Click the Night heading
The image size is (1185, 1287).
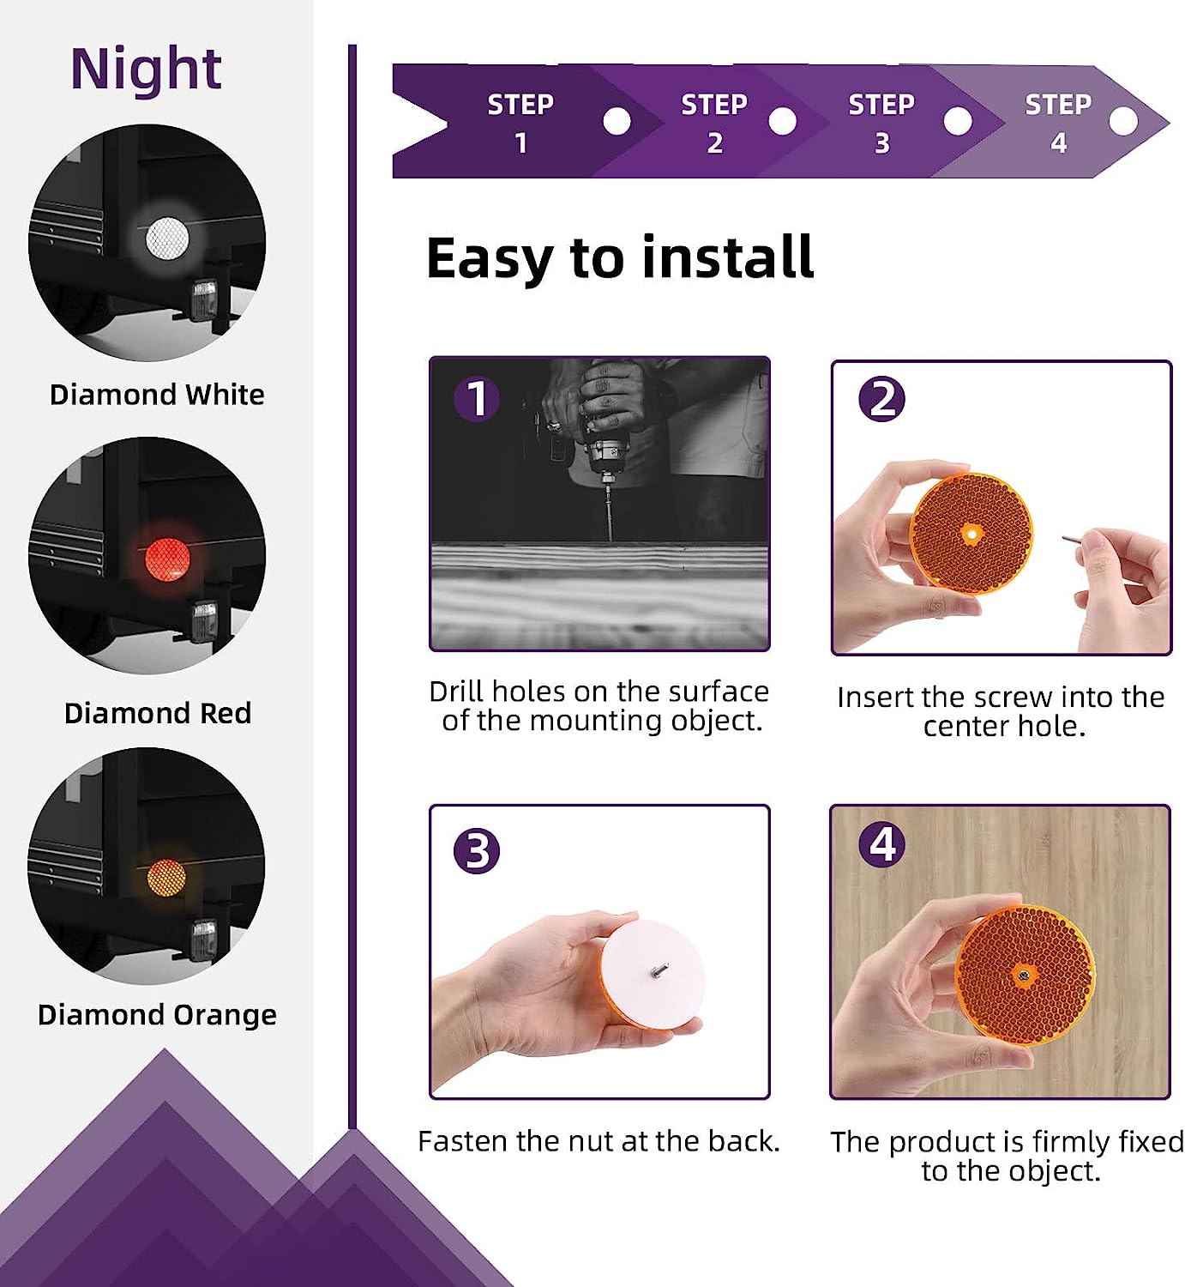click(147, 70)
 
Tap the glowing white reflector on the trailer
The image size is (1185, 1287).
click(167, 238)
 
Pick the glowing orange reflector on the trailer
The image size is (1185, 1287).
click(166, 877)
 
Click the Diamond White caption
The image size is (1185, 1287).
click(157, 395)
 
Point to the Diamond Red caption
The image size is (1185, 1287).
click(158, 714)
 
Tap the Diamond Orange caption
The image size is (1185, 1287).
click(157, 1016)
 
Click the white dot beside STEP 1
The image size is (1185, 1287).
click(617, 121)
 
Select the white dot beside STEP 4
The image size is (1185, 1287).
click(1123, 121)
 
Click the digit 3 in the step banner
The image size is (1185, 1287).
click(882, 143)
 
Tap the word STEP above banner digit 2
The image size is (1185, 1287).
click(714, 104)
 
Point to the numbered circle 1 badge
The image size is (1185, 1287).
click(477, 398)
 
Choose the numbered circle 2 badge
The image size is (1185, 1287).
click(881, 398)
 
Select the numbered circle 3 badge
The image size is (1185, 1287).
click(477, 851)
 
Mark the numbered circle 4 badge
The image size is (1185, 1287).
click(881, 844)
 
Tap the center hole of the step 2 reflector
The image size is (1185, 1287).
click(972, 534)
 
